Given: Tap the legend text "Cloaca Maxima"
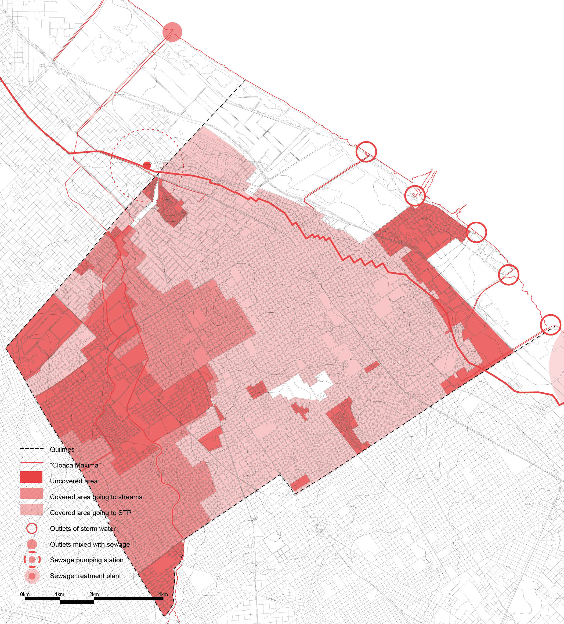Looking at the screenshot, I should click(x=75, y=465).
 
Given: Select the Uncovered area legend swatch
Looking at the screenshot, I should click(x=31, y=477).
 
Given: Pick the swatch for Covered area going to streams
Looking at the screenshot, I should click(x=31, y=493).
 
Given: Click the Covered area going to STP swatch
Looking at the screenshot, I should click(x=31, y=510).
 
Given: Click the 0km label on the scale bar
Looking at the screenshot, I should click(x=25, y=594).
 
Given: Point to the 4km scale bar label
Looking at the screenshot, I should click(x=163, y=594).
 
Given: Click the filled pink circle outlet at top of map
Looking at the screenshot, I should click(x=172, y=32).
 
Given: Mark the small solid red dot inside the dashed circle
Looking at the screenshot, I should click(x=147, y=165).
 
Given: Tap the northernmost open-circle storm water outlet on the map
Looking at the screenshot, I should click(x=366, y=152).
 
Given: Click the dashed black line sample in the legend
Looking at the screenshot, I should click(x=31, y=449).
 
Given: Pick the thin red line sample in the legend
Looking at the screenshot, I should click(x=31, y=463).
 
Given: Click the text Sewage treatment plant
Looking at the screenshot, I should click(x=85, y=576).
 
